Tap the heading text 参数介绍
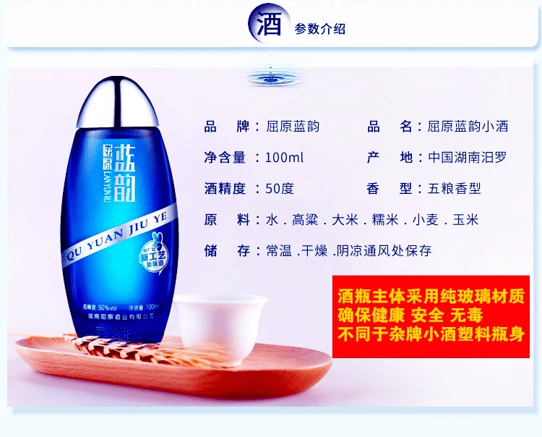(x=319, y=29)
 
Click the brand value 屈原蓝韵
(x=292, y=127)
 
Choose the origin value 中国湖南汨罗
(x=463, y=158)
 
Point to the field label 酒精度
(x=225, y=189)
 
